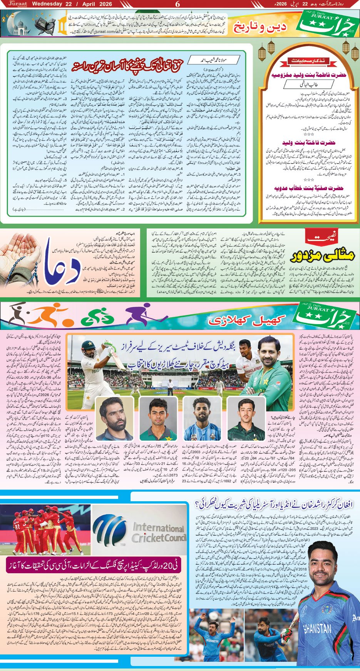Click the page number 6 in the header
177,4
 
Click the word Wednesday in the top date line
47,4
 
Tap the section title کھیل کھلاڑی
247,319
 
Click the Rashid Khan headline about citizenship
277,504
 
